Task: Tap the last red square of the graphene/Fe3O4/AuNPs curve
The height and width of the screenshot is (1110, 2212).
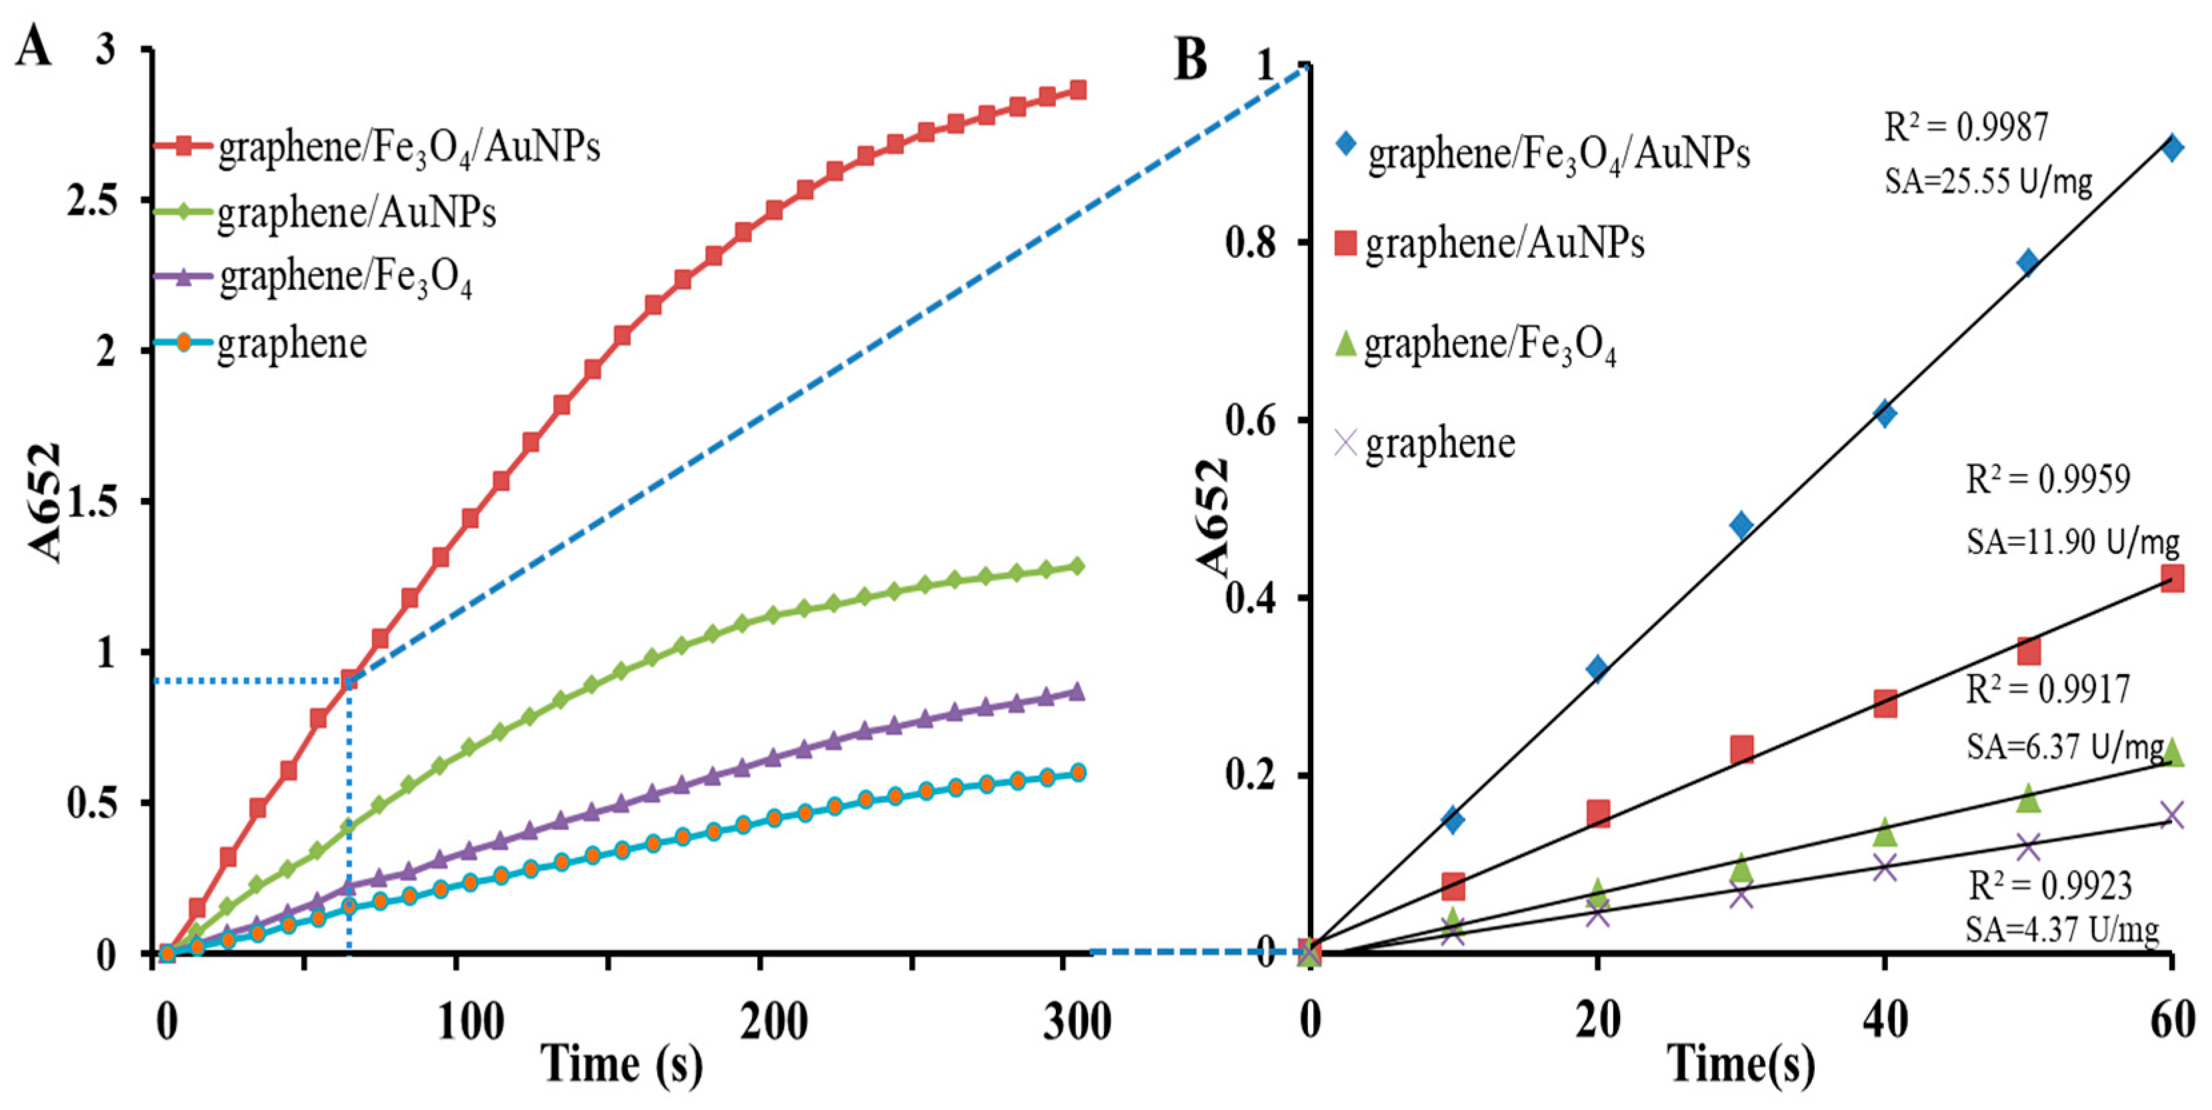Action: [1077, 90]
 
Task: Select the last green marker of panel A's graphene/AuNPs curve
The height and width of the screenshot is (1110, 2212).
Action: [1077, 566]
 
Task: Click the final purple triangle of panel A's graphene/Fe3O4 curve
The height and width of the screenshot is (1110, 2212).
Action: [1077, 692]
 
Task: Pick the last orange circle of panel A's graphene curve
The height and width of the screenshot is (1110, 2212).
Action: [1077, 772]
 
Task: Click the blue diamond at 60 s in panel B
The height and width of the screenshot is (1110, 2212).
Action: [2171, 147]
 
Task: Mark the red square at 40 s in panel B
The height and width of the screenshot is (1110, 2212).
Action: [1885, 704]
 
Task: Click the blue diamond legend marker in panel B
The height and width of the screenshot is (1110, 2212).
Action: [1345, 143]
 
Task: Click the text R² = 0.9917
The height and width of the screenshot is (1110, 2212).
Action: [2048, 689]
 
